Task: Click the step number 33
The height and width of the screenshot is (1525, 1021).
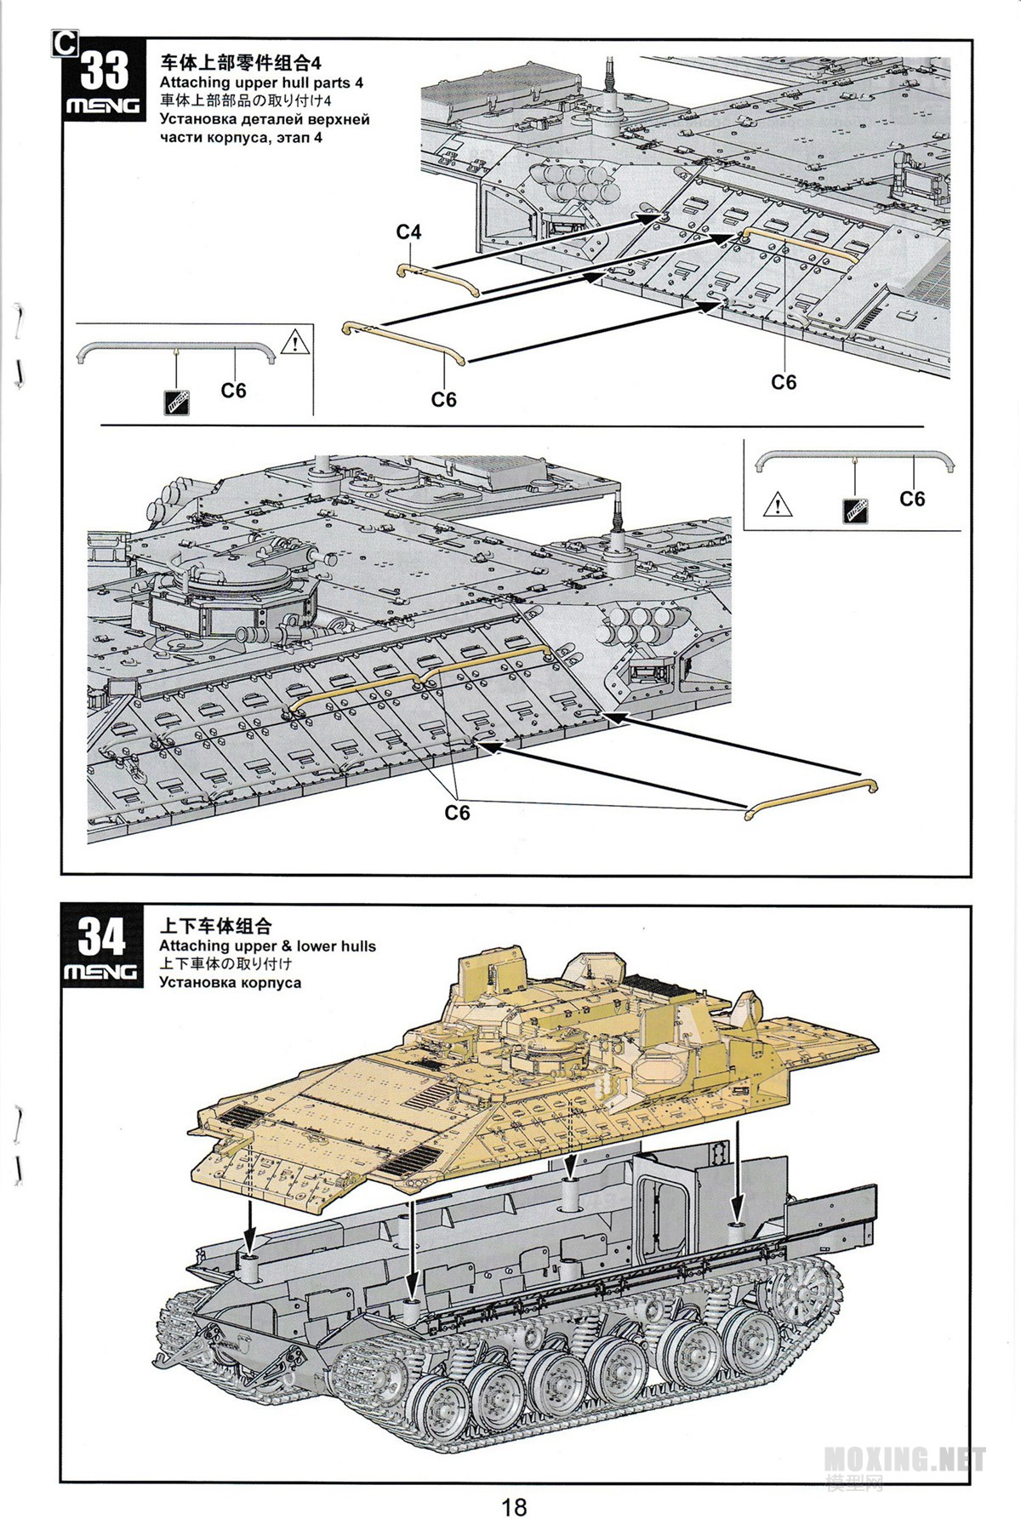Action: pyautogui.click(x=104, y=71)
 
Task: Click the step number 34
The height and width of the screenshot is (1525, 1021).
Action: pyautogui.click(x=102, y=938)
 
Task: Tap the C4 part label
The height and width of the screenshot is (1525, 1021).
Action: pyautogui.click(x=408, y=232)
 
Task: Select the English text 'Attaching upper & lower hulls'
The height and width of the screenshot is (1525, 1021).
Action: pyautogui.click(x=267, y=945)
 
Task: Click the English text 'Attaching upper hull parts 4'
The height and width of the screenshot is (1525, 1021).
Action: pyautogui.click(x=261, y=83)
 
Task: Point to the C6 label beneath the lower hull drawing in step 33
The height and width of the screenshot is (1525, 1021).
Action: pyautogui.click(x=457, y=813)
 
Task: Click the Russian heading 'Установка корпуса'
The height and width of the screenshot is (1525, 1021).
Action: pyautogui.click(x=230, y=982)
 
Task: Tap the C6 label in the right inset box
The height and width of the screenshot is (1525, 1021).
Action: pyautogui.click(x=912, y=499)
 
